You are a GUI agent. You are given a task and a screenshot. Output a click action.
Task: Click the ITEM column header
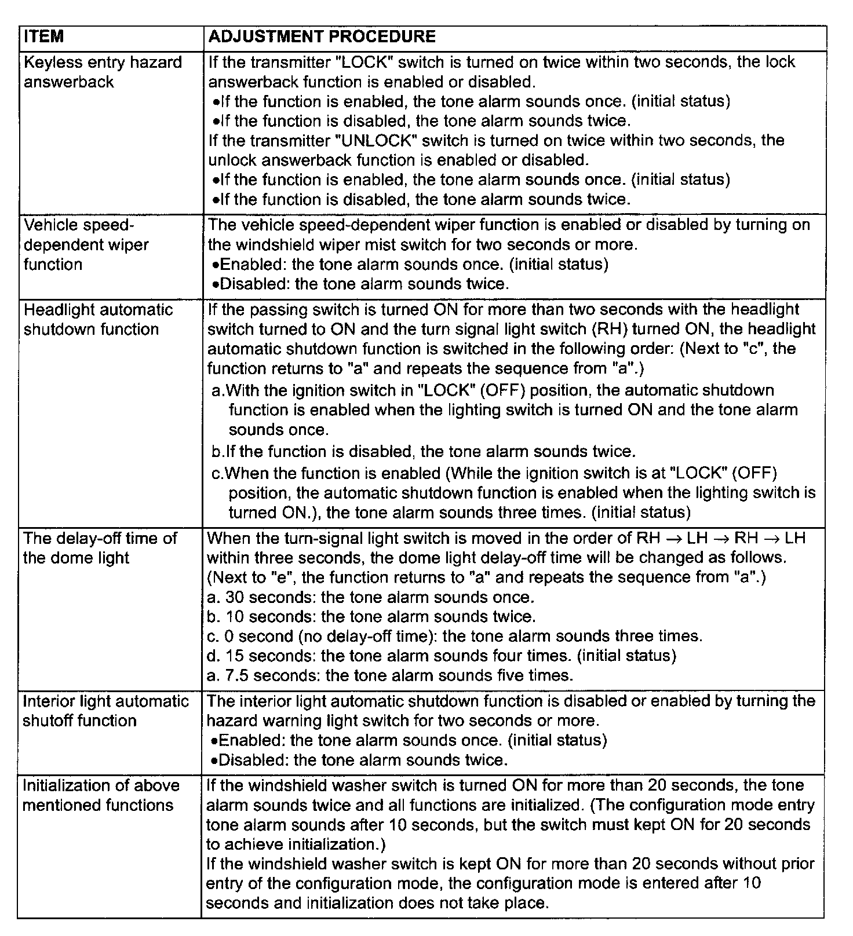click(x=44, y=37)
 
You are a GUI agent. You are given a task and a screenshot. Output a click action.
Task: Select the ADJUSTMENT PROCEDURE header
click(x=322, y=37)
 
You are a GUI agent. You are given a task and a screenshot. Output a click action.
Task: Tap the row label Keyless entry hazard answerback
click(x=103, y=72)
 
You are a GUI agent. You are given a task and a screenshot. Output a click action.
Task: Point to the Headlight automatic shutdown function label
click(x=98, y=319)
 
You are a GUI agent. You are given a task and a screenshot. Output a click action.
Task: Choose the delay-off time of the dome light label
click(x=100, y=548)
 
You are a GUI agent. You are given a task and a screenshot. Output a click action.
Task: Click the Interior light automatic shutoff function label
click(x=105, y=711)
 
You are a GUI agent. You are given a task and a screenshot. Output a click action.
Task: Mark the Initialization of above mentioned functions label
click(x=101, y=795)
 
